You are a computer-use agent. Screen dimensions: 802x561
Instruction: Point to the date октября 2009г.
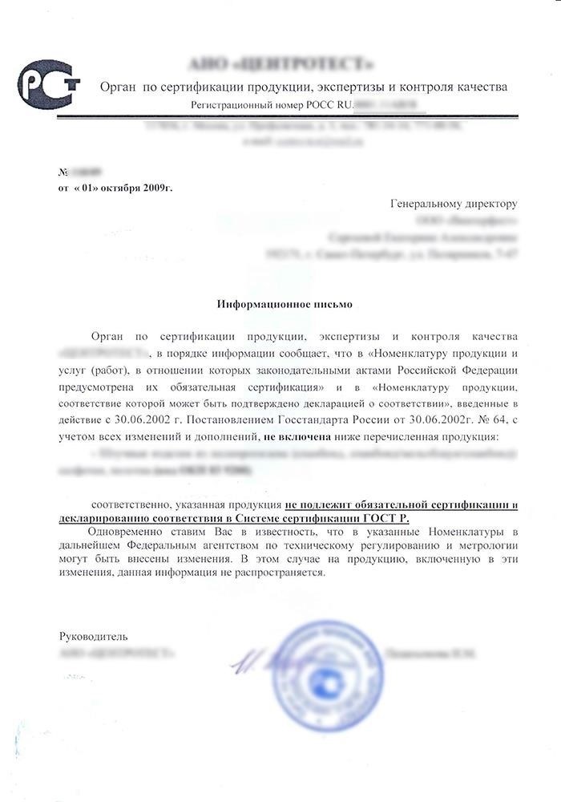pos(141,187)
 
